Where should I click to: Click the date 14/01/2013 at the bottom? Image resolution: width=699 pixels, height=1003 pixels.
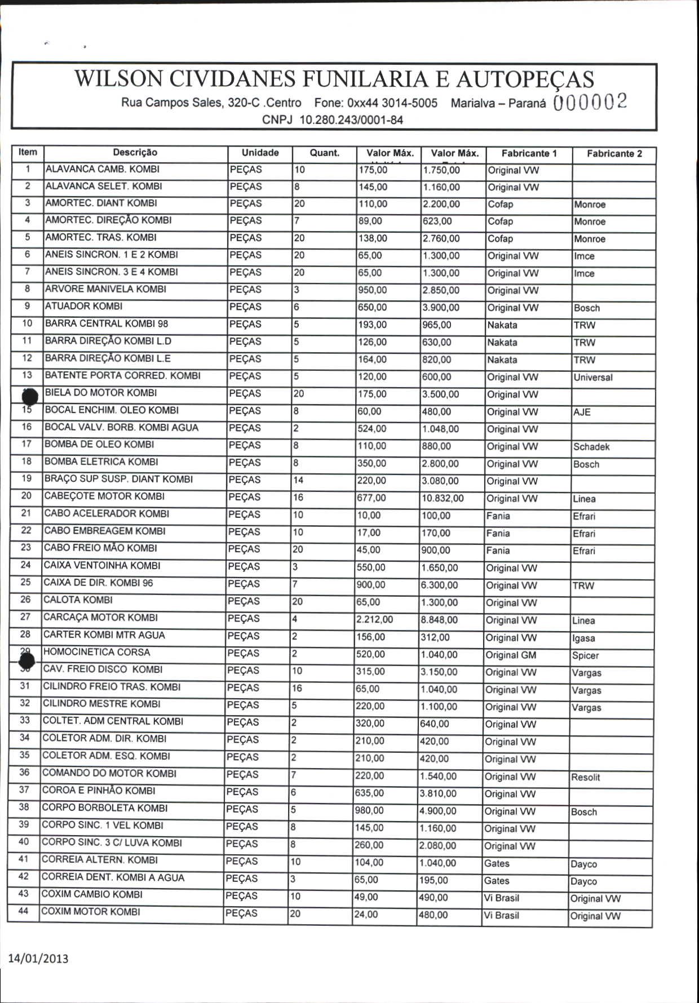(38, 958)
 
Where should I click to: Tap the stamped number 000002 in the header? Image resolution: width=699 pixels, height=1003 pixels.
(590, 102)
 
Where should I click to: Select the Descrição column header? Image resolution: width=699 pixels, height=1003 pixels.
(135, 152)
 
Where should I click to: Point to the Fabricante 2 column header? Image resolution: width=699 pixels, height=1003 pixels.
(614, 153)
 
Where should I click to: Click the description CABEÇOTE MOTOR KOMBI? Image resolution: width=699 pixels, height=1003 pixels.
(104, 496)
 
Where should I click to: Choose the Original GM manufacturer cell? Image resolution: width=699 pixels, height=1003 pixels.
(511, 655)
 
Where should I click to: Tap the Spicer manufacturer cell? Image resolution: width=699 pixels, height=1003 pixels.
(585, 655)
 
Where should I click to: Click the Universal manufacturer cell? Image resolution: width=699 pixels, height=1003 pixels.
(593, 378)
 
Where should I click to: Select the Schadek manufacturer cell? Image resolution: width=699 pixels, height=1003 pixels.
(591, 447)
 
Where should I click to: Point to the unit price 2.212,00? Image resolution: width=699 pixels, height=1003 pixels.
(374, 620)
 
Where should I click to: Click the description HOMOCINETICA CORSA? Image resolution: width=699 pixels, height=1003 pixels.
(97, 652)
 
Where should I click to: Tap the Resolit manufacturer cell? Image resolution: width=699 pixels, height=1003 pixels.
(585, 777)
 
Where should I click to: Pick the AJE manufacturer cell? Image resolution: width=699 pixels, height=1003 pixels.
(582, 412)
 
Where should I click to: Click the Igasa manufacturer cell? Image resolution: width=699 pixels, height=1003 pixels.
(583, 638)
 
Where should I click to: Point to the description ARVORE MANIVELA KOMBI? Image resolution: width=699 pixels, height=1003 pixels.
(105, 289)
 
